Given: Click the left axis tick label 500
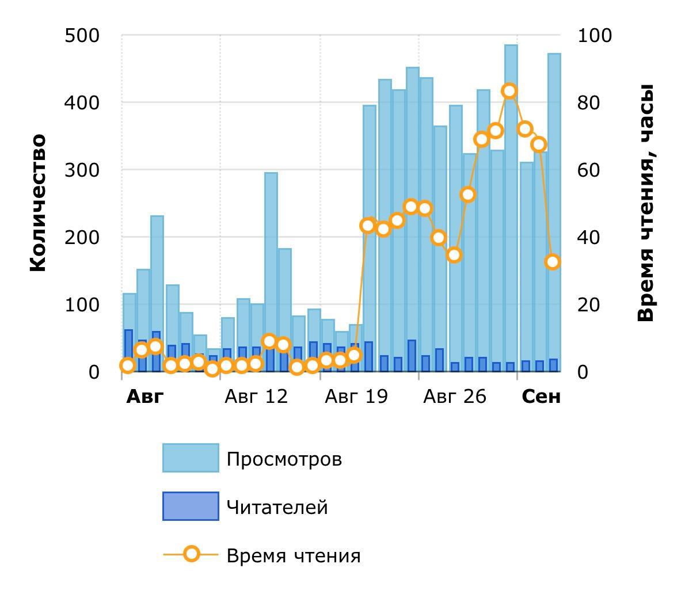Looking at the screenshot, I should pos(82,36).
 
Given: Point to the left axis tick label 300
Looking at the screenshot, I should pos(82,170).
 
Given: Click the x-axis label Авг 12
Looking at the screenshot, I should pos(256,397).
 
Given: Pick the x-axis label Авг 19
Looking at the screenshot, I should pos(356,397).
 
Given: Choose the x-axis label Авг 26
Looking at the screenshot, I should pos(455,397).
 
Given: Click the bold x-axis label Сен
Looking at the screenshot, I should pos(541,397).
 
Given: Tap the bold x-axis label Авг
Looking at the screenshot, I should pos(144,397).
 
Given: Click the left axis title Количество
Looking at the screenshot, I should pos(37,203).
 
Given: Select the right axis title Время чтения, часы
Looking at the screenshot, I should pos(646,203).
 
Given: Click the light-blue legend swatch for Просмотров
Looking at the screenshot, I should pos(191,458).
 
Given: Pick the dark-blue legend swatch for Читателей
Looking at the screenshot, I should pos(191,506).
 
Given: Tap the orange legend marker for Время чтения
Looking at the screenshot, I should pos(191,555).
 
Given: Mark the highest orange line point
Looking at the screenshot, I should pos(509,91).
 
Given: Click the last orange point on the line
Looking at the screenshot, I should pos(553,262).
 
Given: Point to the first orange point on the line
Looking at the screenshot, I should pos(128,365).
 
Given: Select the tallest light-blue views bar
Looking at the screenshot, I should pos(511,207).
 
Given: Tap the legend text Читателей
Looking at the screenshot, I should pos(277,508).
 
